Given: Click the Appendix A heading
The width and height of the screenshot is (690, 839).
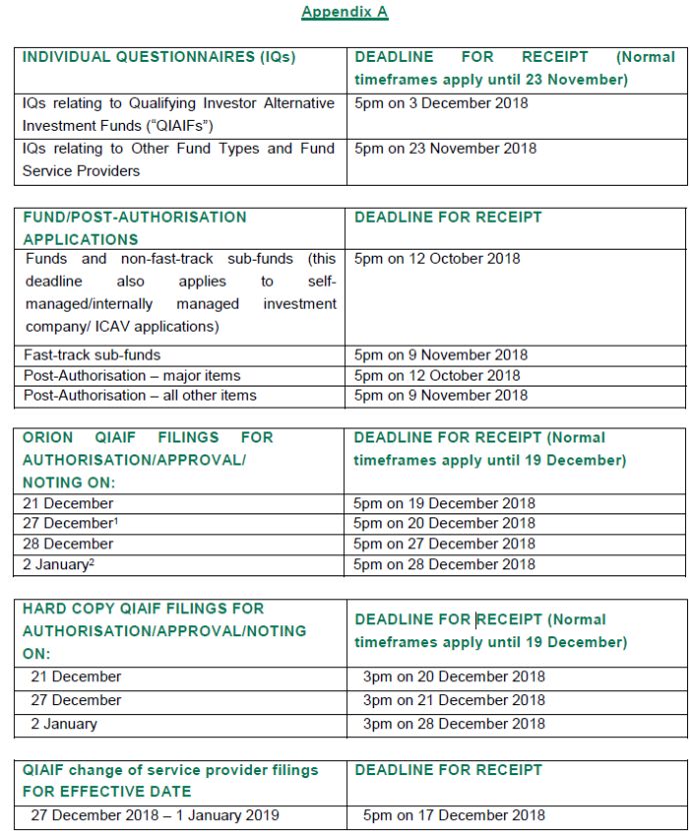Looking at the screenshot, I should tap(344, 12).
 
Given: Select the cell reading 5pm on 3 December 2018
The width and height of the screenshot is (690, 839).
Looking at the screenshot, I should tap(441, 103).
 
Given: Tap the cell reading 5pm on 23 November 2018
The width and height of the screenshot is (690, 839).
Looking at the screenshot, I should tap(445, 149).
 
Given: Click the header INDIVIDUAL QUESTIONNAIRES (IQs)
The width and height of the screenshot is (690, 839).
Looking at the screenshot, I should tap(159, 57).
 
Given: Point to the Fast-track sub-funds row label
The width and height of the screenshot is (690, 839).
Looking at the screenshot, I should tap(92, 355).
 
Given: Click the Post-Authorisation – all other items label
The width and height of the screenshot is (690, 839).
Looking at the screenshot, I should tap(139, 396).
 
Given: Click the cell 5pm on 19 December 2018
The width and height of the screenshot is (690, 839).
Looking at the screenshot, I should tap(444, 503).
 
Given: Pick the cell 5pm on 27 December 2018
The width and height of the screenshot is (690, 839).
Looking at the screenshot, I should tap(444, 544).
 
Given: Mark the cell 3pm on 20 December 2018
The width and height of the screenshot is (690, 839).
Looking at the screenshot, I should tap(454, 677).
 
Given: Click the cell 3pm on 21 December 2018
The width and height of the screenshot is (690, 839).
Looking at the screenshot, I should tap(454, 700).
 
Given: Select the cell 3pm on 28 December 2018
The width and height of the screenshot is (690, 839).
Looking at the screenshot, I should tap(454, 724).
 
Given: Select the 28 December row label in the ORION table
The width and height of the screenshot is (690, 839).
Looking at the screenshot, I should tap(68, 544).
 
